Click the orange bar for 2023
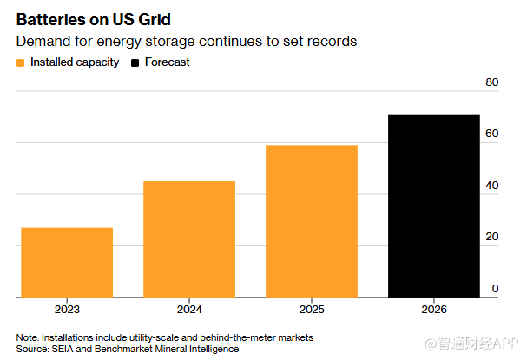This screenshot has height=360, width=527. pos(67,263)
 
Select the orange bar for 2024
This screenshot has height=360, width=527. pos(189,239)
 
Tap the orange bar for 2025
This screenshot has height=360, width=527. pos(312,221)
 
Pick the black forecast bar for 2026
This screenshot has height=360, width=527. pos(434,206)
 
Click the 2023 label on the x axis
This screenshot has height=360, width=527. pos(67,309)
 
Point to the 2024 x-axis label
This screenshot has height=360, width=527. pos(189,309)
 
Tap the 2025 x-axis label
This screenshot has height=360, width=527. pos(312,309)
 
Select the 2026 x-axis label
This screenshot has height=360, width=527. pos(434,309)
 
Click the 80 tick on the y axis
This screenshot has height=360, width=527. pos(491,82)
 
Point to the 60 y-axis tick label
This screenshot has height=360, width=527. pos(491,134)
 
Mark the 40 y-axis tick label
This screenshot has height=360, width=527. pos(491,186)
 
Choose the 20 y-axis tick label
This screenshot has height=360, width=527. pos(491,237)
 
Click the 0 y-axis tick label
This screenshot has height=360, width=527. pos(495,289)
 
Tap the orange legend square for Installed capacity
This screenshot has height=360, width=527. pos(20,62)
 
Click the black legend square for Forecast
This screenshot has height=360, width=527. pos(135,62)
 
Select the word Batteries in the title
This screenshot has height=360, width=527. pos(51,19)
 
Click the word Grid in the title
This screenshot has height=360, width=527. pos(155,19)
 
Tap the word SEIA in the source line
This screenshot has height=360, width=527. pos(63,349)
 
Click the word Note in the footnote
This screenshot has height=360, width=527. pos(27,337)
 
